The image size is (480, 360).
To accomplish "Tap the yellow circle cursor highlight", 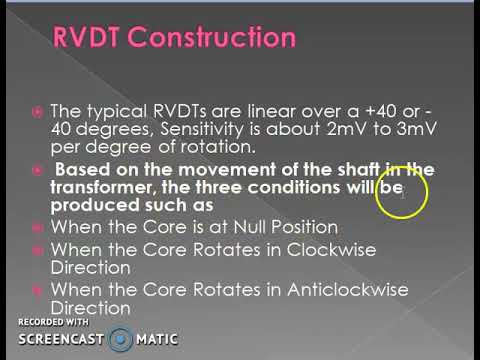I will click(405, 190).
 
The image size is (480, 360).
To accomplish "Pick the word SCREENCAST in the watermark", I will click(62, 339).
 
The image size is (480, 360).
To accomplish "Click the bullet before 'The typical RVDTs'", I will click(37, 112).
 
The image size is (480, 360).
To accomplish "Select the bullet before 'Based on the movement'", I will click(37, 168).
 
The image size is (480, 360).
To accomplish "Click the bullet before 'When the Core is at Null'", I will click(37, 227).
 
